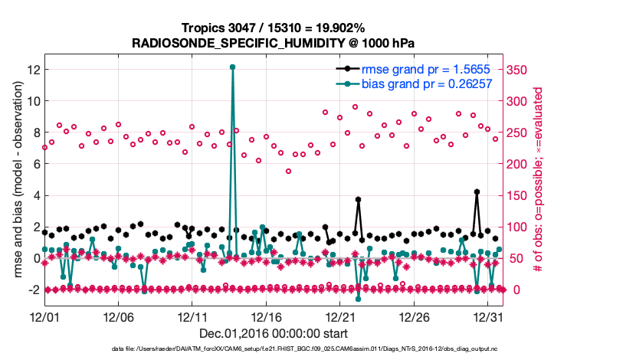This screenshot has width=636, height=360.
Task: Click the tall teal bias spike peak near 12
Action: (232, 67)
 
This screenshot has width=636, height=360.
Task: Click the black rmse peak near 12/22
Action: (358, 199)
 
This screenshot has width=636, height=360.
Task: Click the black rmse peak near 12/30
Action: (477, 191)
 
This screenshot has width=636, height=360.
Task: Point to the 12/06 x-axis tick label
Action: (118, 316)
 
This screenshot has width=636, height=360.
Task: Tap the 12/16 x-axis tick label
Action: (266, 316)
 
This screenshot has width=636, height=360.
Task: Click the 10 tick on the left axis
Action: (33, 100)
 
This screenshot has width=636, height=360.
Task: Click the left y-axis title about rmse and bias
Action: (15, 180)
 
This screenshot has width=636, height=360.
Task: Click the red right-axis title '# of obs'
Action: (539, 180)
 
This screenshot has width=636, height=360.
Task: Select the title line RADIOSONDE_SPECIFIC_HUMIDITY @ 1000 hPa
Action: (273, 43)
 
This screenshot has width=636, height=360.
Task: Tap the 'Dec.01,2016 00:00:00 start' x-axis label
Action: (273, 332)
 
